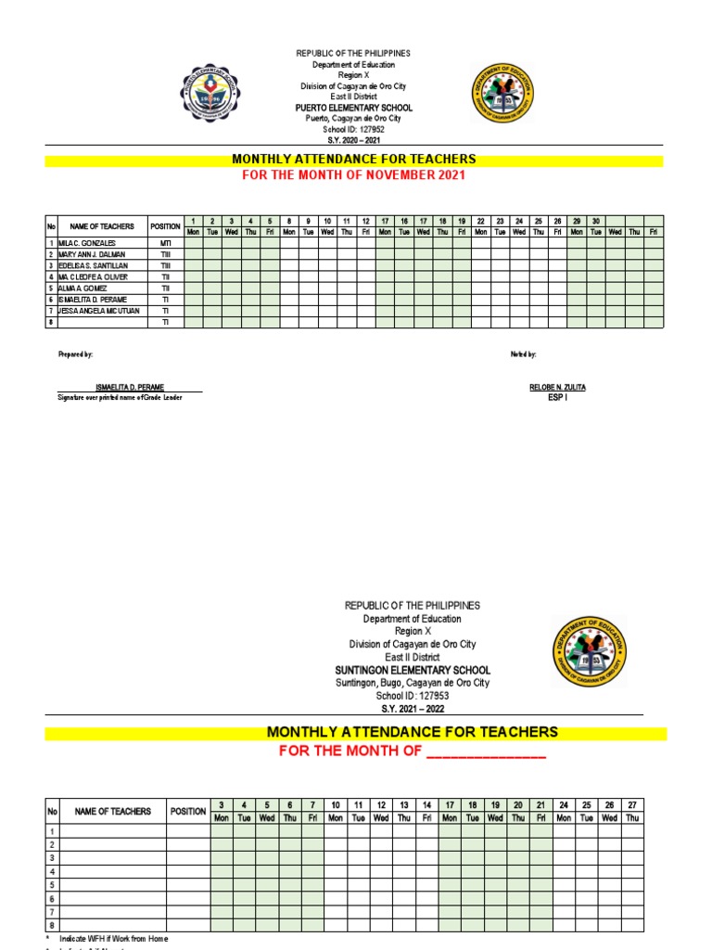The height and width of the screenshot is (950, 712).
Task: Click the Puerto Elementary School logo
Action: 216,96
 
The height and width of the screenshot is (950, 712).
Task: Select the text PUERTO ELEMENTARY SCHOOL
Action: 353,108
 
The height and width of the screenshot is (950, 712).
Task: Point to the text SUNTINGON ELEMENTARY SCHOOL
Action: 412,670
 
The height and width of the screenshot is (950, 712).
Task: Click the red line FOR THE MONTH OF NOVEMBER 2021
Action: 353,174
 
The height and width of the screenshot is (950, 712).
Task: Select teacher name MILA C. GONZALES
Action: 87,242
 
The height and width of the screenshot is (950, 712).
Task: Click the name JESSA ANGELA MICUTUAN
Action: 98,311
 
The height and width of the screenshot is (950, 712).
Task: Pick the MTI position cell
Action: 165,242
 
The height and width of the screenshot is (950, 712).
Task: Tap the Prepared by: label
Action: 75,354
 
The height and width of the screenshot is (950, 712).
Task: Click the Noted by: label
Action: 523,354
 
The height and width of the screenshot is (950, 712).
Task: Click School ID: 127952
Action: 353,129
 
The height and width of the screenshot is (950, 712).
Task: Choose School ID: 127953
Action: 412,696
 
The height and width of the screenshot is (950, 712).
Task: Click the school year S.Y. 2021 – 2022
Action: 412,708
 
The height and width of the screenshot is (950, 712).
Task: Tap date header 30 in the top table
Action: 596,221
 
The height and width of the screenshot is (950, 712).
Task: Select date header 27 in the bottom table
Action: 632,804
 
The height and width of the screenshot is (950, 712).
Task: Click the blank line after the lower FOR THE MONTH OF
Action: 486,751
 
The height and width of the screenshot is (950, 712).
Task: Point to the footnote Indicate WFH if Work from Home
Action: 113,939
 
